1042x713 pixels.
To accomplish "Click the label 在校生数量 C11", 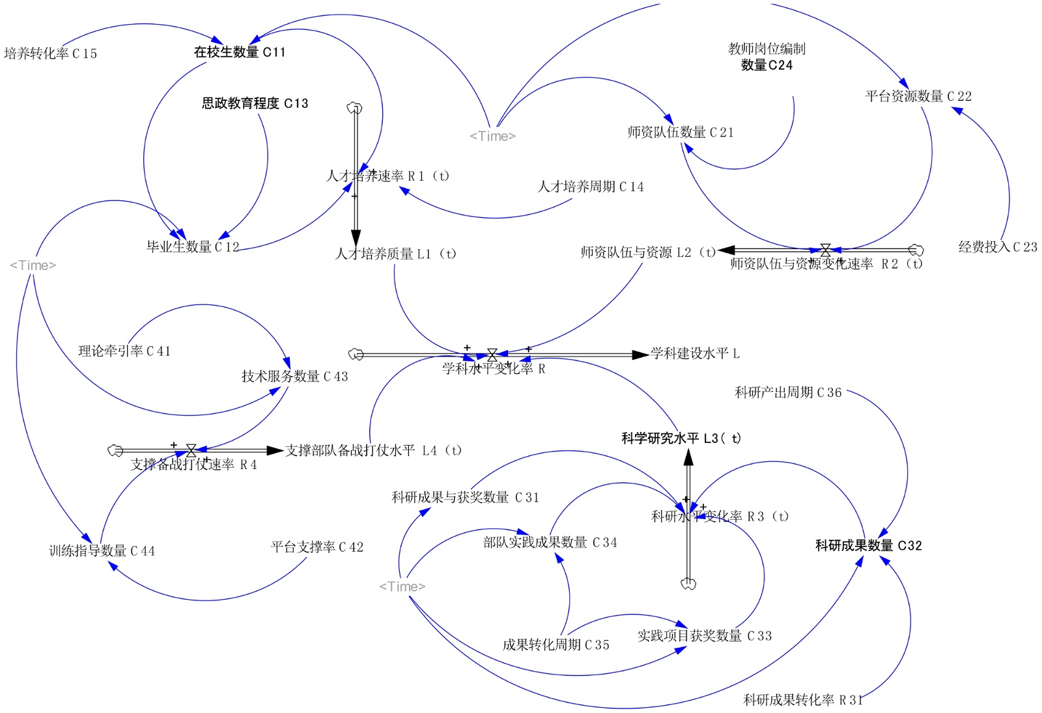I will click(x=240, y=52).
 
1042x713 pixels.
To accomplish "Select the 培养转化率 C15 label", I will click(x=50, y=53).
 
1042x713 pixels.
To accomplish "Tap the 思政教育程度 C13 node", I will click(x=255, y=103).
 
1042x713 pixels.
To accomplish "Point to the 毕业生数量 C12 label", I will click(x=193, y=247).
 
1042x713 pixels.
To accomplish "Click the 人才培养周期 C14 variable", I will click(x=591, y=187).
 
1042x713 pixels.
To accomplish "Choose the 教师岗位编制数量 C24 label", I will click(x=767, y=57).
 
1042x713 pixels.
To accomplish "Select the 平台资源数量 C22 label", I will click(x=918, y=96).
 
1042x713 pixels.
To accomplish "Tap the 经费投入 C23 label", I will click(x=998, y=247).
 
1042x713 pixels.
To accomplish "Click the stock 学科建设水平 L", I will click(x=695, y=354).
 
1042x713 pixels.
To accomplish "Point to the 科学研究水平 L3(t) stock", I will click(x=681, y=438).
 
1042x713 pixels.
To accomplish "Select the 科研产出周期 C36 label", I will click(x=788, y=392).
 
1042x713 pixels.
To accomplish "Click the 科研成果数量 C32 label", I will click(x=868, y=546).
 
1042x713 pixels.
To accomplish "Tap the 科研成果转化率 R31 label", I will click(x=803, y=700).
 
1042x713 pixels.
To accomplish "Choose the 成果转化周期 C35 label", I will click(x=556, y=645).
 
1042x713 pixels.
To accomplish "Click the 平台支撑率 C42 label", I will click(x=317, y=547).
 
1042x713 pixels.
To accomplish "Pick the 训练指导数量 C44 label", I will click(x=102, y=551).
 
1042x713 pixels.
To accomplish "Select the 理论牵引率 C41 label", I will click(x=124, y=351).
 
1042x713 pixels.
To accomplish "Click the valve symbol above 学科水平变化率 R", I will click(x=492, y=355).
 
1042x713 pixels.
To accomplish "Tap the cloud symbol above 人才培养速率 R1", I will click(x=355, y=108).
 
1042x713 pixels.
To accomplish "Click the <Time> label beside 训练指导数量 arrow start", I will click(x=33, y=265).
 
